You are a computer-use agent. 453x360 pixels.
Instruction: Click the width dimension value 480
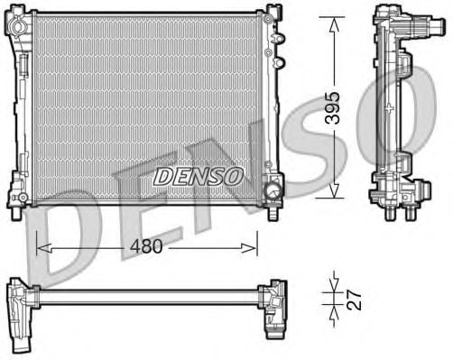[x=147, y=245]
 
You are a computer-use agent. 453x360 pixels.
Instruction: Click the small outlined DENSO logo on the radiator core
[x=198, y=176]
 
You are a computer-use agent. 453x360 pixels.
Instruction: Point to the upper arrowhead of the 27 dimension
[x=334, y=282]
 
